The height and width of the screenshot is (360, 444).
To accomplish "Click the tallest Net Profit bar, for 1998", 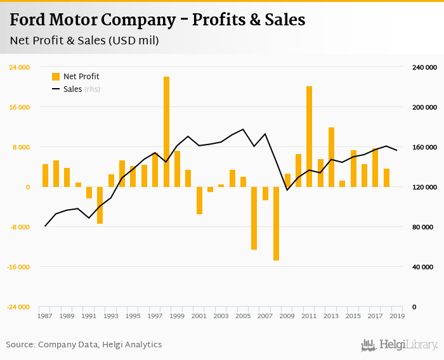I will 166,132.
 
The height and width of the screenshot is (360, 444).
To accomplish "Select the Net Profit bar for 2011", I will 309,136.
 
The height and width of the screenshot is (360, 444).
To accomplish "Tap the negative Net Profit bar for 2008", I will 277,223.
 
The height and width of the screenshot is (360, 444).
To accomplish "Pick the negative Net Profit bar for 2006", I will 254,218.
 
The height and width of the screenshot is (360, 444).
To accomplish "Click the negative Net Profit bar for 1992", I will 100,205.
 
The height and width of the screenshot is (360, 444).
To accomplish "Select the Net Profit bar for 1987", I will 45,176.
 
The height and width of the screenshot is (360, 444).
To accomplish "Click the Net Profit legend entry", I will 75,77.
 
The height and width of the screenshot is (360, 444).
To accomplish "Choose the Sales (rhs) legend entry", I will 75,89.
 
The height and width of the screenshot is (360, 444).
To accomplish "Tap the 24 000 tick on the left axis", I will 19,67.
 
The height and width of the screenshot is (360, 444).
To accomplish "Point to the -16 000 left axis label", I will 18,267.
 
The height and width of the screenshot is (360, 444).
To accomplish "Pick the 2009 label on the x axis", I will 287,316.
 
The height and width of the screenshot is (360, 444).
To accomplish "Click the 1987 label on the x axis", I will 45,316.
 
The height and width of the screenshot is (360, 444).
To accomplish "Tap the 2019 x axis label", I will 397,316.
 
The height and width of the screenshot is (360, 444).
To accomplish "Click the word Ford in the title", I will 28,20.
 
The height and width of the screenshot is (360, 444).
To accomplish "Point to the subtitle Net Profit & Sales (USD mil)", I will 84,41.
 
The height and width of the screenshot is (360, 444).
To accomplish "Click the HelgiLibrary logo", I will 399,345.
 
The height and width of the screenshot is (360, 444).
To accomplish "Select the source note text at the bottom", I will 84,345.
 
